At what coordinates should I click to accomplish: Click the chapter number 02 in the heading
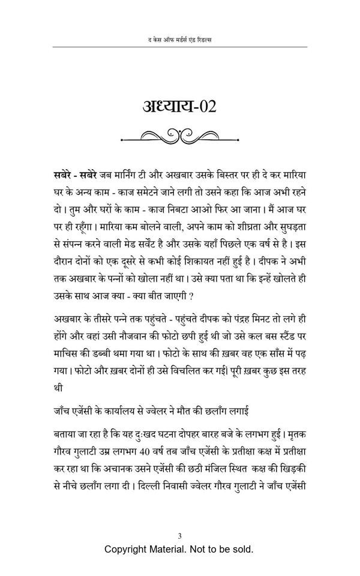tap(205, 106)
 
